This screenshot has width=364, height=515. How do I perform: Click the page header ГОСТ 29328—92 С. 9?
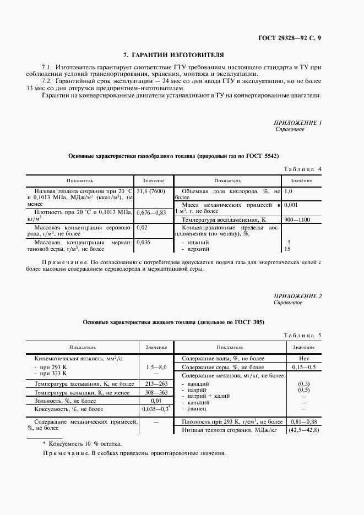pos(290,37)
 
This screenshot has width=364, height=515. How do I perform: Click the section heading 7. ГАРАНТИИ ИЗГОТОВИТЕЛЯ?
pos(173,55)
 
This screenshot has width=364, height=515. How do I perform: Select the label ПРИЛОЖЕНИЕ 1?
pos(297,123)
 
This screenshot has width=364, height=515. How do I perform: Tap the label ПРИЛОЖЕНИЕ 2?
pos(297,297)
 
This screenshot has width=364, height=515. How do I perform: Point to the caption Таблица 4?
pos(302,169)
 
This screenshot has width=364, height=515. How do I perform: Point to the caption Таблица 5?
pos(302,335)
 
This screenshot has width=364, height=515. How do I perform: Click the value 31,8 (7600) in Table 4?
pos(150,191)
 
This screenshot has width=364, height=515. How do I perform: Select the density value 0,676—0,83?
pos(151,212)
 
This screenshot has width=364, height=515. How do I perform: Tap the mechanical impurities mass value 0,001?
pos(292,205)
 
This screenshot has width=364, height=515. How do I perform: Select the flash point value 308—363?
pos(155,392)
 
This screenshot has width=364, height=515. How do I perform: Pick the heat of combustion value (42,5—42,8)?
pos(303,430)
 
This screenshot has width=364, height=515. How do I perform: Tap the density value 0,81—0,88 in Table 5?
pos(303,421)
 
